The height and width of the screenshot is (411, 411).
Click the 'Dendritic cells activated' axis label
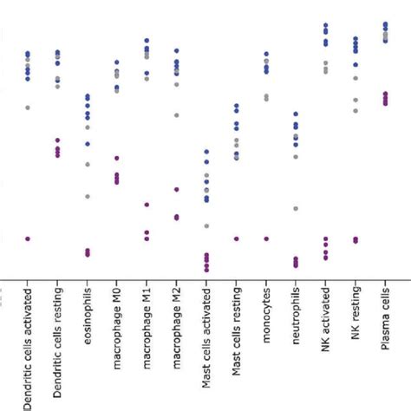[x=29, y=347]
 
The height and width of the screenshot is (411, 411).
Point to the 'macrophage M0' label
[x=117, y=325]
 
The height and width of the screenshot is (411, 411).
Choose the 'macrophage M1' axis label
[x=147, y=325]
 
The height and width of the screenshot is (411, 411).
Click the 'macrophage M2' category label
[x=177, y=325]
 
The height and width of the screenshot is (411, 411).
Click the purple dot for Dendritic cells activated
[x=28, y=238]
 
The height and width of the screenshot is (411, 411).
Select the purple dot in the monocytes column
[x=266, y=238]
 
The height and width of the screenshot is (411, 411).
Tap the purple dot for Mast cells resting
[x=236, y=238]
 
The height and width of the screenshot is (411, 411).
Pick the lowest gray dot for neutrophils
[x=296, y=209]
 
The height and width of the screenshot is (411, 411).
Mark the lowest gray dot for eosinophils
[x=88, y=196]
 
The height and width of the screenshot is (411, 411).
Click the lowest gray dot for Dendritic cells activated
[x=28, y=107]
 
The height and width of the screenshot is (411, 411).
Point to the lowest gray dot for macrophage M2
[x=177, y=114]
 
